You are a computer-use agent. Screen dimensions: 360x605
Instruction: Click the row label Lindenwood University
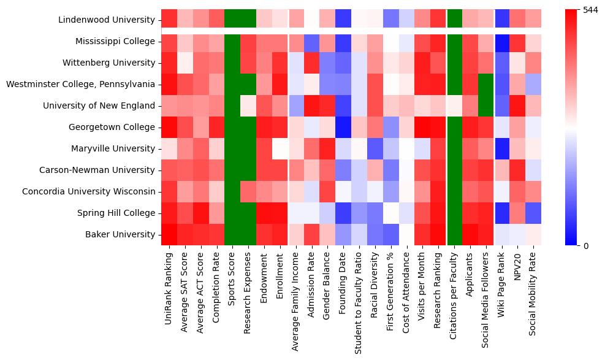pyautogui.click(x=107, y=20)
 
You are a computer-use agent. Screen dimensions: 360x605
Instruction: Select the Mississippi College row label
pyautogui.click(x=115, y=41)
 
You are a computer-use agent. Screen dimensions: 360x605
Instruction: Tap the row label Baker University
pyautogui.click(x=121, y=234)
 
